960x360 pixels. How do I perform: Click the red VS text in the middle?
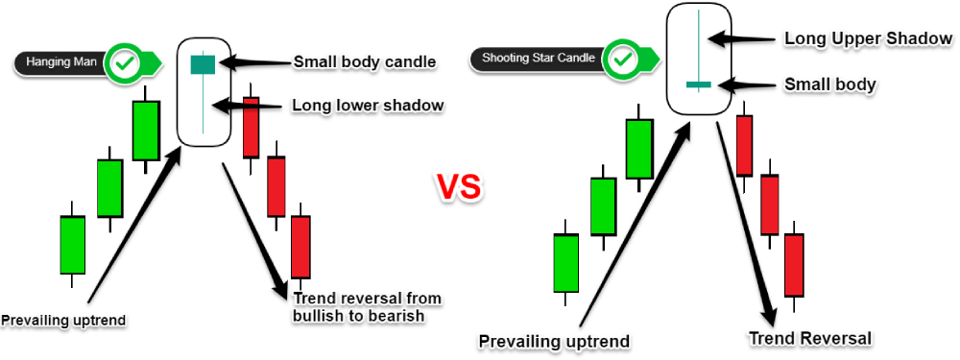459,187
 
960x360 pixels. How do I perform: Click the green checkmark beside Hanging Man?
127,62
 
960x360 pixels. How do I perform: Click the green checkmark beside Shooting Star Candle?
623,60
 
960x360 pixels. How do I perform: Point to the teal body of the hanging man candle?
202,64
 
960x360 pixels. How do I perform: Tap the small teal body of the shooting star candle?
698,84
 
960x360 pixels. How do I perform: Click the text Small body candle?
365,61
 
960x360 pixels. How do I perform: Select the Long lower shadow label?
368,106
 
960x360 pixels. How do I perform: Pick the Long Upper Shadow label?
869,38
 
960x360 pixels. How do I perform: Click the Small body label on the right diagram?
830,85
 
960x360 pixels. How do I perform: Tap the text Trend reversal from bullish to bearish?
368,307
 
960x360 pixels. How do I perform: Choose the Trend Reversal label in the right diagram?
809,338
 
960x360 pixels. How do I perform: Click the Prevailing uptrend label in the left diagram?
63,320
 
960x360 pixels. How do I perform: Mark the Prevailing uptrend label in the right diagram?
554,341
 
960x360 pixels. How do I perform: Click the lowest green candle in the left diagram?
72,244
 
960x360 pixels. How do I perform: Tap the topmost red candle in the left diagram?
251,127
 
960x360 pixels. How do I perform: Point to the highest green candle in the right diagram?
639,149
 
